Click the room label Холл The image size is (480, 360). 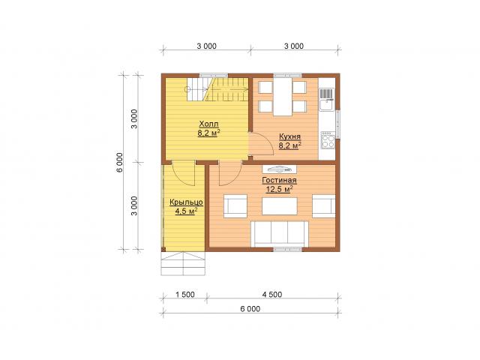coord(208,124)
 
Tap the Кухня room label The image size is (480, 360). coord(289,136)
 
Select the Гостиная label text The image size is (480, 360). coord(279,180)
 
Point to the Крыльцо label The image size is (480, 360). coord(186,202)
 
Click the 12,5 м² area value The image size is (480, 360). coord(279,189)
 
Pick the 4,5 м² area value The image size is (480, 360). coord(186,211)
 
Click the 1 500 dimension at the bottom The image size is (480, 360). coord(185,295)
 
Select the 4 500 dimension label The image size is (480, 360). coord(272,295)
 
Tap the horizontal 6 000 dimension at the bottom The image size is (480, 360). coord(250,309)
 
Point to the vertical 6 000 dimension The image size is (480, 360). coord(119,162)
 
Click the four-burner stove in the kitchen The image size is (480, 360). coord(328,140)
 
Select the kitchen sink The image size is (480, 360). coord(328,100)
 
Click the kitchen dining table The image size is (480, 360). coord(283,97)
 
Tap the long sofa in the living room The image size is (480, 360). coord(280,234)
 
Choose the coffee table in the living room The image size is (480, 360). coord(280,206)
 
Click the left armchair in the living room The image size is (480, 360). coord(235,206)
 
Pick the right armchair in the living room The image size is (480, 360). coord(323,206)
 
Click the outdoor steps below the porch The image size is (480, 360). coord(183,263)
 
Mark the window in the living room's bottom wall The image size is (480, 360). coord(287,250)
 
